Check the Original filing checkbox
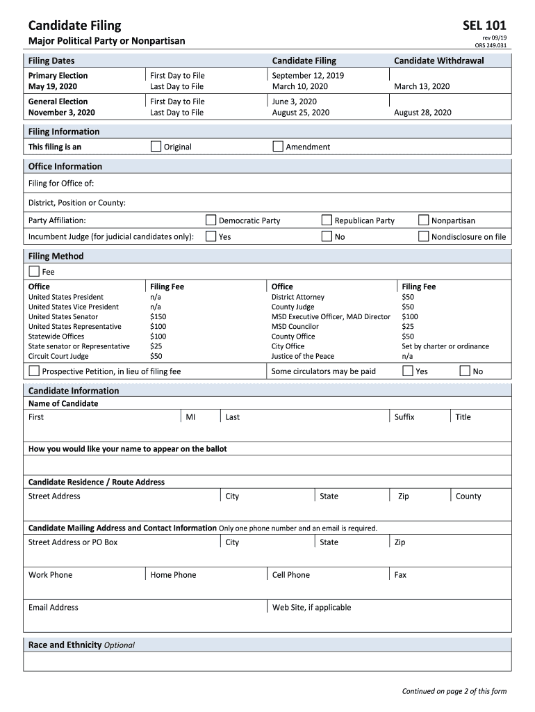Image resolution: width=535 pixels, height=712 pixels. [156, 147]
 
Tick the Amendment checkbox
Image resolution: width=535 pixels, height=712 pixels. [278, 147]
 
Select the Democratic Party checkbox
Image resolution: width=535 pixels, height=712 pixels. [211, 220]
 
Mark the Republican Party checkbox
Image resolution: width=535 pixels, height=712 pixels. [327, 220]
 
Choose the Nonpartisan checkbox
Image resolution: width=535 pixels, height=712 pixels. [424, 220]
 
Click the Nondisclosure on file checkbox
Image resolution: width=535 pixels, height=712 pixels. [424, 236]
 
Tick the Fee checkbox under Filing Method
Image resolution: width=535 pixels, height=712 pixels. [34, 272]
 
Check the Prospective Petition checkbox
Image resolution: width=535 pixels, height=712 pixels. [34, 371]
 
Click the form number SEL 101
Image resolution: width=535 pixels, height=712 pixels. [484, 26]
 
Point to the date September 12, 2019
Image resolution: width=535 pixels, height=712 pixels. [308, 75]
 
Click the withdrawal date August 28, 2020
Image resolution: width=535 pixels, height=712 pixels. [422, 112]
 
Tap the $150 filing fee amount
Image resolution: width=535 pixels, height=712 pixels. [158, 316]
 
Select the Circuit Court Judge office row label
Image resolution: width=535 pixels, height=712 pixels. [58, 356]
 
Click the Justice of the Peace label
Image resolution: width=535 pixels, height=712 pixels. [302, 356]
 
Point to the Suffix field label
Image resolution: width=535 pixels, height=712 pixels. [404, 417]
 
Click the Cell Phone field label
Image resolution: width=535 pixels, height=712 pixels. [291, 575]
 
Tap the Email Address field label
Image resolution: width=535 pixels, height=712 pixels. [53, 608]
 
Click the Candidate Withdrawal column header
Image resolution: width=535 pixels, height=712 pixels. [439, 60]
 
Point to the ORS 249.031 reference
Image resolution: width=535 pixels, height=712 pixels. [491, 46]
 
